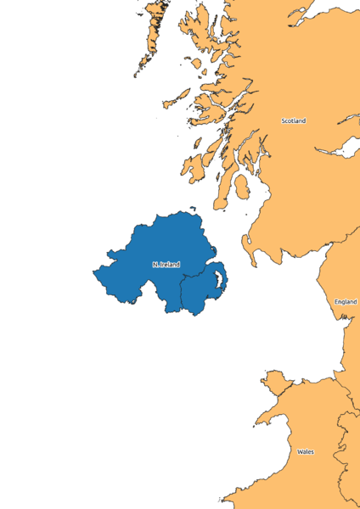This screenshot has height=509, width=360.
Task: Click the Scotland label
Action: pos(293,121)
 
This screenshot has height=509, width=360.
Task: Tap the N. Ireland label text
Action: pos(166,265)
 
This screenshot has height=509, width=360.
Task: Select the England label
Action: pos(346,302)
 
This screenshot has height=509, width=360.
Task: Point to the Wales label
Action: pos(305,452)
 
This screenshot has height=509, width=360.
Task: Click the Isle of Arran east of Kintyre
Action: pos(240,187)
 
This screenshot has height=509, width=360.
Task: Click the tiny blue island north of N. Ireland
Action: pos(194,209)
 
